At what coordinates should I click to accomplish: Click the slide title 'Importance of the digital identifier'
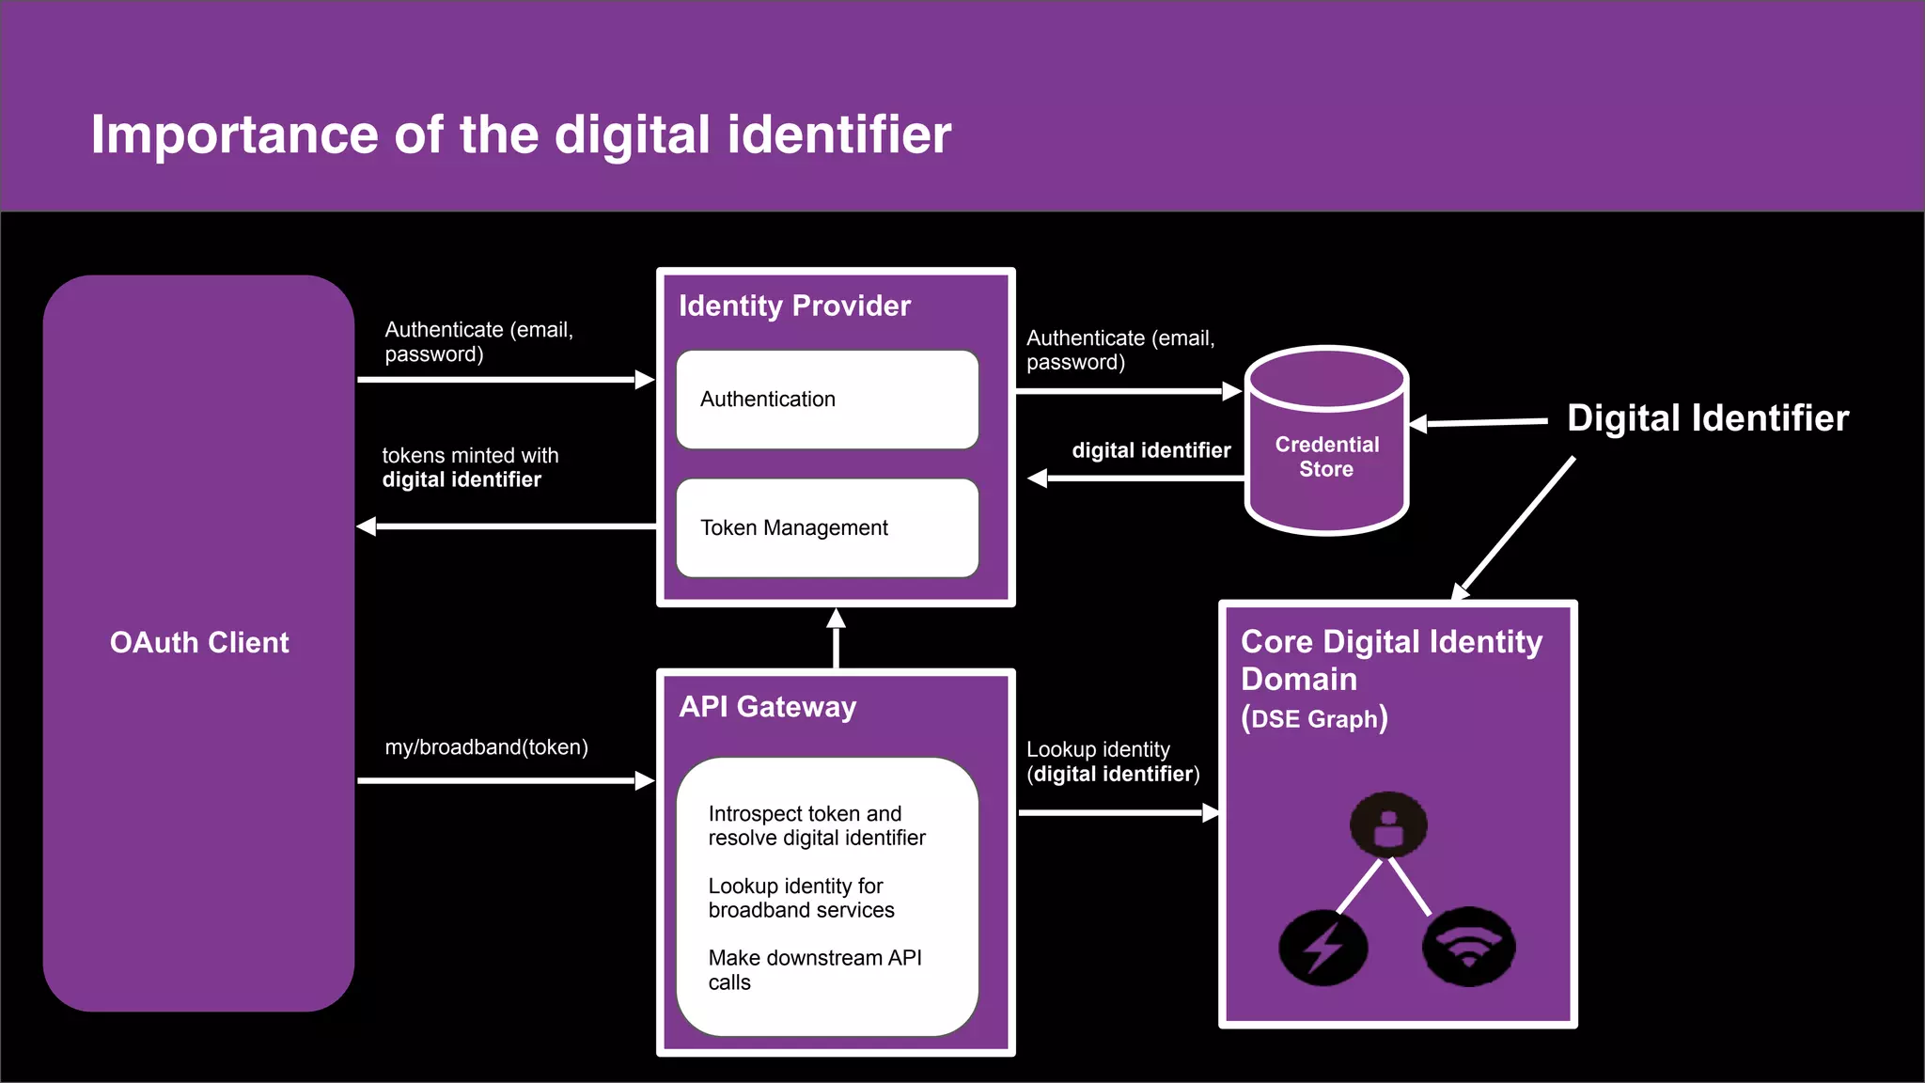pyautogui.click(x=521, y=134)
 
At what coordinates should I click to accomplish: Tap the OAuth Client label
pyautogui.click(x=199, y=643)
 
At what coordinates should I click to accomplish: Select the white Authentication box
pyautogui.click(x=827, y=400)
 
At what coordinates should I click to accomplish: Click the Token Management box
pyautogui.click(x=827, y=527)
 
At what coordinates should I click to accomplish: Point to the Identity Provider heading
pyautogui.click(x=794, y=306)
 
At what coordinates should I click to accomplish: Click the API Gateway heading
pyautogui.click(x=767, y=707)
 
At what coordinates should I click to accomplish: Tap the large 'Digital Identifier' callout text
pyautogui.click(x=1707, y=418)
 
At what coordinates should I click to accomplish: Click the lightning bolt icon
pyautogui.click(x=1322, y=948)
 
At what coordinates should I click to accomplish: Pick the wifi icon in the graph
pyautogui.click(x=1468, y=947)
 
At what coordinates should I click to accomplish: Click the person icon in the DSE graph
pyautogui.click(x=1388, y=825)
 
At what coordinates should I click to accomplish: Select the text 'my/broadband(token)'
pyautogui.click(x=486, y=747)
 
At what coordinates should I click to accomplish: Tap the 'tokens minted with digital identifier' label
pyautogui.click(x=470, y=468)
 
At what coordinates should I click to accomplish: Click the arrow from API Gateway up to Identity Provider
pyautogui.click(x=836, y=639)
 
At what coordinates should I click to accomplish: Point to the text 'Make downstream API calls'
pyautogui.click(x=814, y=970)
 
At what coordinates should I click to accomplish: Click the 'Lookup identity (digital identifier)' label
pyautogui.click(x=1112, y=762)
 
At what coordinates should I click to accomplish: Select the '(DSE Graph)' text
pyautogui.click(x=1313, y=719)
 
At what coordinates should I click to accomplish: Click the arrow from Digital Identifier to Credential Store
pyautogui.click(x=1480, y=423)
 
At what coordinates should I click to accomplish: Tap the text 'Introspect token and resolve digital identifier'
pyautogui.click(x=816, y=825)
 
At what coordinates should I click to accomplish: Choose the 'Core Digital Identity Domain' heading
pyautogui.click(x=1390, y=660)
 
